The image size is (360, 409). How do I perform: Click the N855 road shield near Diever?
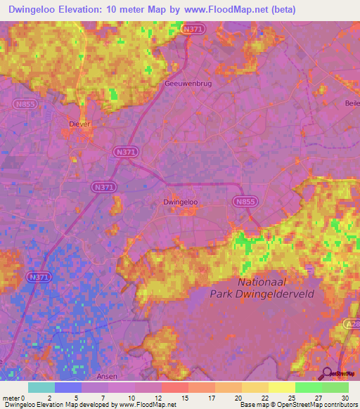tap(24, 103)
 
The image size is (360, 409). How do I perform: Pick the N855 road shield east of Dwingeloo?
tap(244, 201)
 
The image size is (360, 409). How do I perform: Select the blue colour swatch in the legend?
tap(68, 387)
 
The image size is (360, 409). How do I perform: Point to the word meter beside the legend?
tap(12, 397)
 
